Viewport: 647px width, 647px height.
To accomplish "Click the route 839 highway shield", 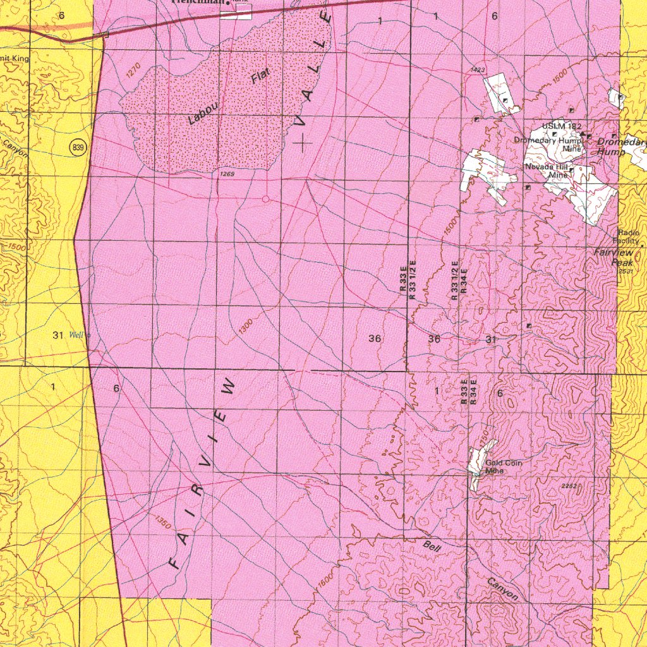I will pyautogui.click(x=78, y=148).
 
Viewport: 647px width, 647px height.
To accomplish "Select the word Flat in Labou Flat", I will pyautogui.click(x=260, y=76).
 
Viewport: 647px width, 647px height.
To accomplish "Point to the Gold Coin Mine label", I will pyautogui.click(x=504, y=466).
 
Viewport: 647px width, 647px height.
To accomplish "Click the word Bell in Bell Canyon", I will pyautogui.click(x=432, y=546).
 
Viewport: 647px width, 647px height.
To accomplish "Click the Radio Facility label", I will pyautogui.click(x=629, y=237).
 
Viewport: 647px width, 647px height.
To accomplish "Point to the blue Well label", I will pyautogui.click(x=76, y=335).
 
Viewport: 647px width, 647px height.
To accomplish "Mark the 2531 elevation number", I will pyautogui.click(x=626, y=271).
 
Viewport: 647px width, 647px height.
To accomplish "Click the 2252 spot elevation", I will pyautogui.click(x=569, y=485).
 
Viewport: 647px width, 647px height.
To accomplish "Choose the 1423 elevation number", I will pyautogui.click(x=478, y=70).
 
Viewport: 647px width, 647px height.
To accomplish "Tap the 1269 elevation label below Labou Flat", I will pyautogui.click(x=227, y=174).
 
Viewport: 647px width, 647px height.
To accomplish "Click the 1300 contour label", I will pyautogui.click(x=246, y=327).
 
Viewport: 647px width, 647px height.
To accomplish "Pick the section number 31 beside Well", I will pyautogui.click(x=58, y=336).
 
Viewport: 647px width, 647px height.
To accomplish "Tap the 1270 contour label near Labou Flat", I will pyautogui.click(x=132, y=73).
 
